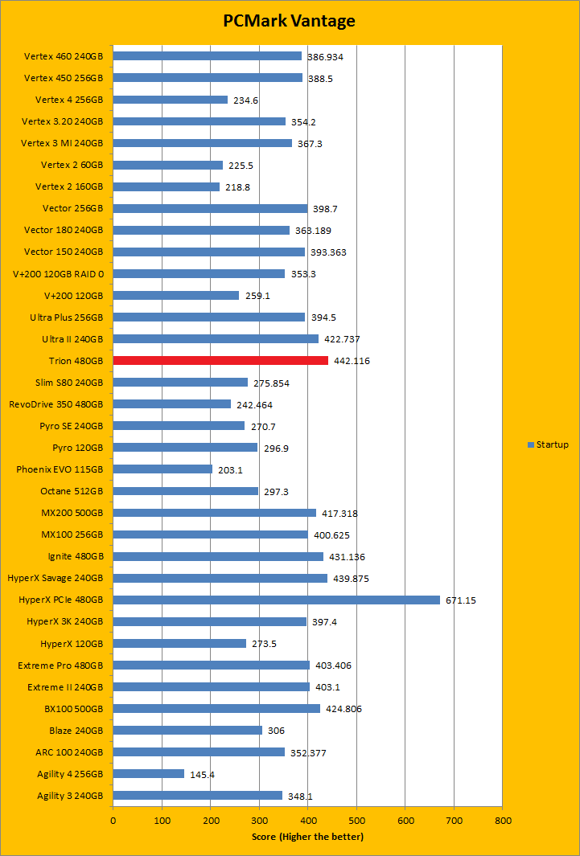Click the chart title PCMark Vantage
[x=290, y=22]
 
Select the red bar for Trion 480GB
[x=220, y=361]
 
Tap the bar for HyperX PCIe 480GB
[x=276, y=600]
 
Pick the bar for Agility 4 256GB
[x=148, y=773]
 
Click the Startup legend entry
[x=548, y=444]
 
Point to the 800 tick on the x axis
[x=503, y=821]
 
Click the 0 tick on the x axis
[x=113, y=821]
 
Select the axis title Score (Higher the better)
[x=307, y=837]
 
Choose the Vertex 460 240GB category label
[x=64, y=56]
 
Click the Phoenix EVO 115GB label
[x=60, y=469]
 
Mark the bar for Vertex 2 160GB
[x=166, y=186]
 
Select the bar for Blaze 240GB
[x=187, y=730]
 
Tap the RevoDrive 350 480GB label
[x=56, y=404]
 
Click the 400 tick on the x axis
[x=308, y=821]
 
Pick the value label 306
[x=276, y=731]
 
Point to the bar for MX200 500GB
[x=214, y=513]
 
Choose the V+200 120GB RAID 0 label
[x=58, y=273]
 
